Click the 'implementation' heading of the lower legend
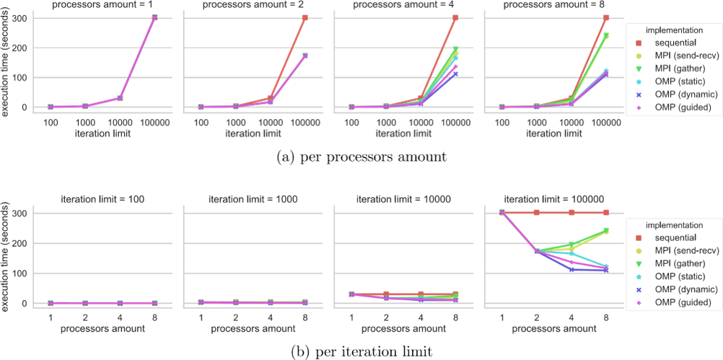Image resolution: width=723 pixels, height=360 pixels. pos(675,225)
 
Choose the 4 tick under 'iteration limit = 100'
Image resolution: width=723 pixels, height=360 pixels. pos(120,317)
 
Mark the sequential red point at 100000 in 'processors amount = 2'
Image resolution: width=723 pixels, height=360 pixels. pos(305,17)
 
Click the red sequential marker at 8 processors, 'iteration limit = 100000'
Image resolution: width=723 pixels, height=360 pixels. pos(606,212)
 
